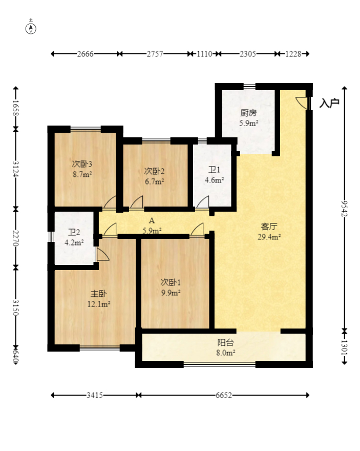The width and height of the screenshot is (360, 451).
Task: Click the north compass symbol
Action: (x=31, y=28)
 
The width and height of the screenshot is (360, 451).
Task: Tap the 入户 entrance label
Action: (x=329, y=103)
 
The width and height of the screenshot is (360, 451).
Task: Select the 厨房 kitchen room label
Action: (x=248, y=113)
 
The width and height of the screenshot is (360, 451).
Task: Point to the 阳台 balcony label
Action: (x=225, y=342)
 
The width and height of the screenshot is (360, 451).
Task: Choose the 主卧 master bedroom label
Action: (x=98, y=294)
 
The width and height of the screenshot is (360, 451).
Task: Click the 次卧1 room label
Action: (x=171, y=282)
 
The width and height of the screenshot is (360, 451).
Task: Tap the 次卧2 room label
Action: (x=154, y=171)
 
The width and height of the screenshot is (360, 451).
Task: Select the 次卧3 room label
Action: (x=82, y=164)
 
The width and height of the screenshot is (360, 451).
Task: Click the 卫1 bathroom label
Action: (x=214, y=170)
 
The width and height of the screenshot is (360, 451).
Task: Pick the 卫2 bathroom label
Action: (x=74, y=232)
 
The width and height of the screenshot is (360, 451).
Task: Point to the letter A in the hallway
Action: (x=152, y=220)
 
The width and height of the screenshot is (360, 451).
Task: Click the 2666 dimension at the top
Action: (x=85, y=54)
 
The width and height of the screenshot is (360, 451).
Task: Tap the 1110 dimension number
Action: (x=204, y=54)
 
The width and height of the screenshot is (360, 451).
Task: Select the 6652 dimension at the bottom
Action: (x=223, y=395)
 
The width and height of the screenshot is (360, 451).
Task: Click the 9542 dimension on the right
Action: (x=344, y=209)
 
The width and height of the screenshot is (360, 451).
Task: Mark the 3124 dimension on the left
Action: (x=16, y=169)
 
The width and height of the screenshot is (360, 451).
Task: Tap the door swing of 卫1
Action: (x=203, y=202)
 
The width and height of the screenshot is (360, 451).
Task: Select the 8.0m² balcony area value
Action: (x=226, y=353)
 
